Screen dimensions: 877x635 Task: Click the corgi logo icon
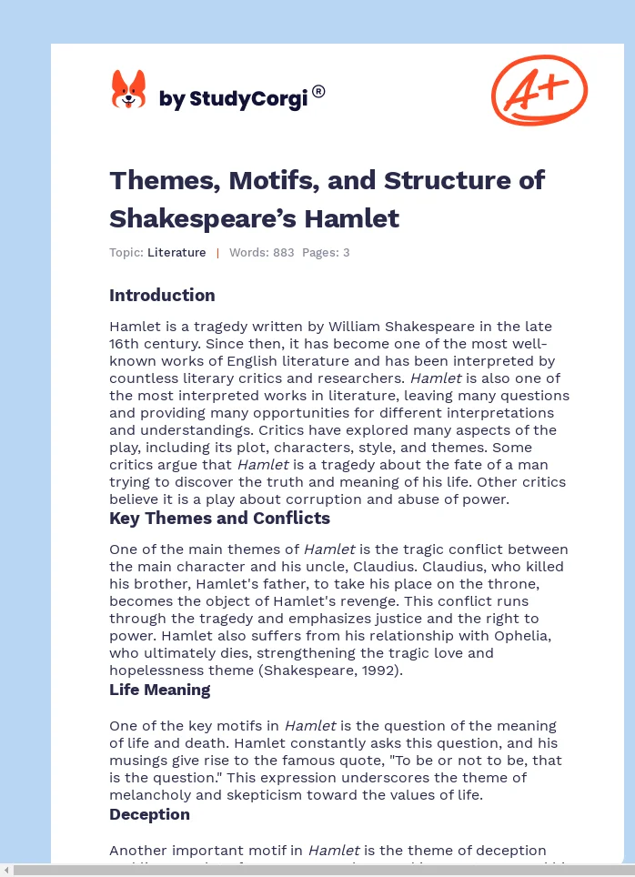coord(128,91)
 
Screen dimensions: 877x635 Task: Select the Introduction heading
coord(162,295)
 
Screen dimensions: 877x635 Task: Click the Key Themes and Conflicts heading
coord(219,518)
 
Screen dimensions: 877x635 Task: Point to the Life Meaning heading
coord(159,690)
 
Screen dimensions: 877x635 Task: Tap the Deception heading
coord(149,814)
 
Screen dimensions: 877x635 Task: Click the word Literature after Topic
coord(176,252)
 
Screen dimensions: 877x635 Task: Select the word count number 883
coord(282,252)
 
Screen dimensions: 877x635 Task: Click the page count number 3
coord(346,252)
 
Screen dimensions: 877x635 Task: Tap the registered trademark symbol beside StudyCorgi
coord(318,91)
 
